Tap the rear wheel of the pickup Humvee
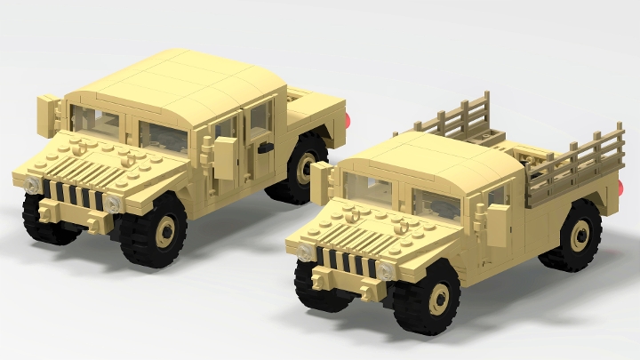576,235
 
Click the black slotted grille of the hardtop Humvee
76,195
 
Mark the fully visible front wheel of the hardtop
163,233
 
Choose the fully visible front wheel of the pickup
438,298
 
